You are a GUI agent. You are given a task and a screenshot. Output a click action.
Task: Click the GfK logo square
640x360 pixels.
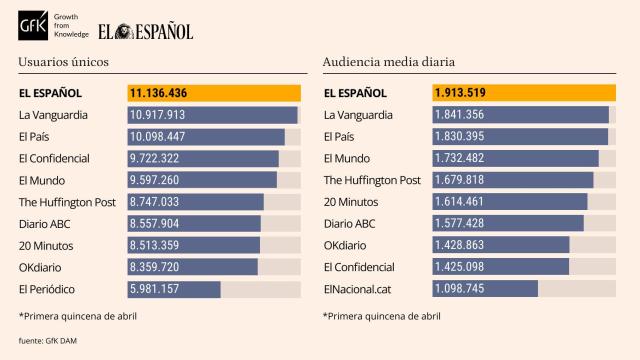pyautogui.click(x=35, y=31)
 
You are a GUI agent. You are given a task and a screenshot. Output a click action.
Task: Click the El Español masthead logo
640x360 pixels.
pyautogui.click(x=146, y=31)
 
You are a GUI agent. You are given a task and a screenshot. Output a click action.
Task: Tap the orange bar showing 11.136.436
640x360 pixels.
pyautogui.click(x=214, y=93)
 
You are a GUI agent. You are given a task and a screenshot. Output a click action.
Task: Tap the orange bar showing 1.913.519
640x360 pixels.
pyautogui.click(x=519, y=93)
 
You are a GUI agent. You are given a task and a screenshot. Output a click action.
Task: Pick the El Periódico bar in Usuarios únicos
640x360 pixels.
pyautogui.click(x=175, y=290)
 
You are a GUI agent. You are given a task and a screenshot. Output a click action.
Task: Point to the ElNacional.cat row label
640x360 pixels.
pyautogui.click(x=357, y=290)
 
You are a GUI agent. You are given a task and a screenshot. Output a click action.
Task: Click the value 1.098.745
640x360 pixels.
pyautogui.click(x=459, y=290)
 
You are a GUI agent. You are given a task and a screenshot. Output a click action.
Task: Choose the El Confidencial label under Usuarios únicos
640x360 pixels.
pyautogui.click(x=54, y=159)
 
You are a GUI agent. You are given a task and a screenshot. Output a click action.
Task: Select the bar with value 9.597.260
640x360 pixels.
pyautogui.click(x=203, y=181)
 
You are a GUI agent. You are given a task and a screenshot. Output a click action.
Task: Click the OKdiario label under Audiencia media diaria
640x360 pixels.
pyautogui.click(x=349, y=246)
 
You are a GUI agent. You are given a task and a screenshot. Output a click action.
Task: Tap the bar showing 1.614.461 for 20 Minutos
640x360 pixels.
pyautogui.click(x=510, y=203)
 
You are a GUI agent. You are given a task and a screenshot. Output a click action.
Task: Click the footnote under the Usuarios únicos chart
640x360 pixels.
pyautogui.click(x=77, y=316)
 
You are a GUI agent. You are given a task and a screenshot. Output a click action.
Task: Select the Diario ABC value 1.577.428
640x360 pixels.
pyautogui.click(x=459, y=224)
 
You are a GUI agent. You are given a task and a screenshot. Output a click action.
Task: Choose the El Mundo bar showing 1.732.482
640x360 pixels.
pyautogui.click(x=516, y=159)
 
